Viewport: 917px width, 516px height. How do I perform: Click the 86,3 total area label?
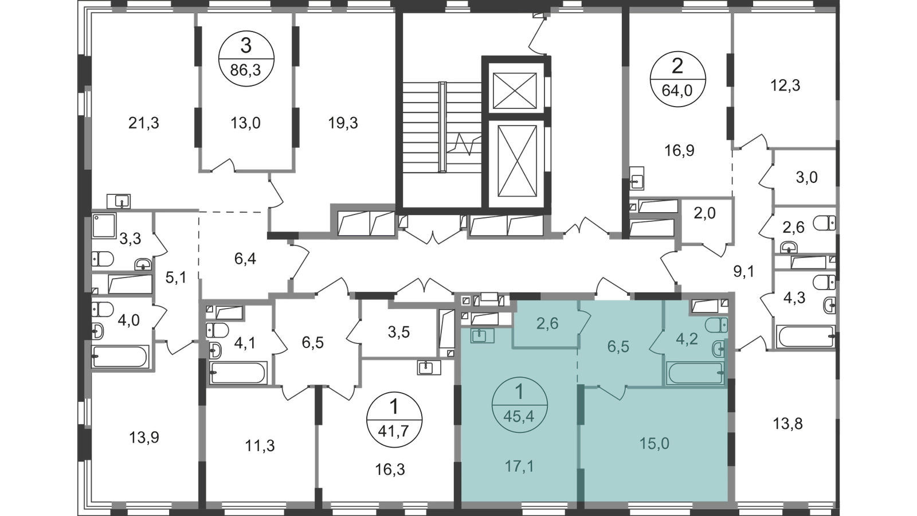246,71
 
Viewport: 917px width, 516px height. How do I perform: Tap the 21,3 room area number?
143,123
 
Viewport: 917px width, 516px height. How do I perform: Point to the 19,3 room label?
343,123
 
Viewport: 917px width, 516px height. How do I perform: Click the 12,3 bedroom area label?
785,85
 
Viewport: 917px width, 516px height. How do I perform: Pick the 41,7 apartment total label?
394,431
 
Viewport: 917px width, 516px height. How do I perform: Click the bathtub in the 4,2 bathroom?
695,373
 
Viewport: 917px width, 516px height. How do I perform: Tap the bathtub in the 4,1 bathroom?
238,372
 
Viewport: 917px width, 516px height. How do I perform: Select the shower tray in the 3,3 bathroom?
104,225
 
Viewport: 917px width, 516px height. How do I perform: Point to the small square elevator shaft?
515,91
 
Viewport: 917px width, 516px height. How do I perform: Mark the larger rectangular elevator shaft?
517,161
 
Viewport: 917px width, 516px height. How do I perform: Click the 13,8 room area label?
787,424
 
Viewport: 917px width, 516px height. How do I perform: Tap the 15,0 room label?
654,444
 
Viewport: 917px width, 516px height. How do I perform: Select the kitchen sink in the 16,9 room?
637,178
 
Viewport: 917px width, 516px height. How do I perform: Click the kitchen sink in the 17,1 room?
482,336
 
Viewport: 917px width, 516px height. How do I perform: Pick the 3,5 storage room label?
399,332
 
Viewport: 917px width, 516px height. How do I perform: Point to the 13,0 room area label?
245,123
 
